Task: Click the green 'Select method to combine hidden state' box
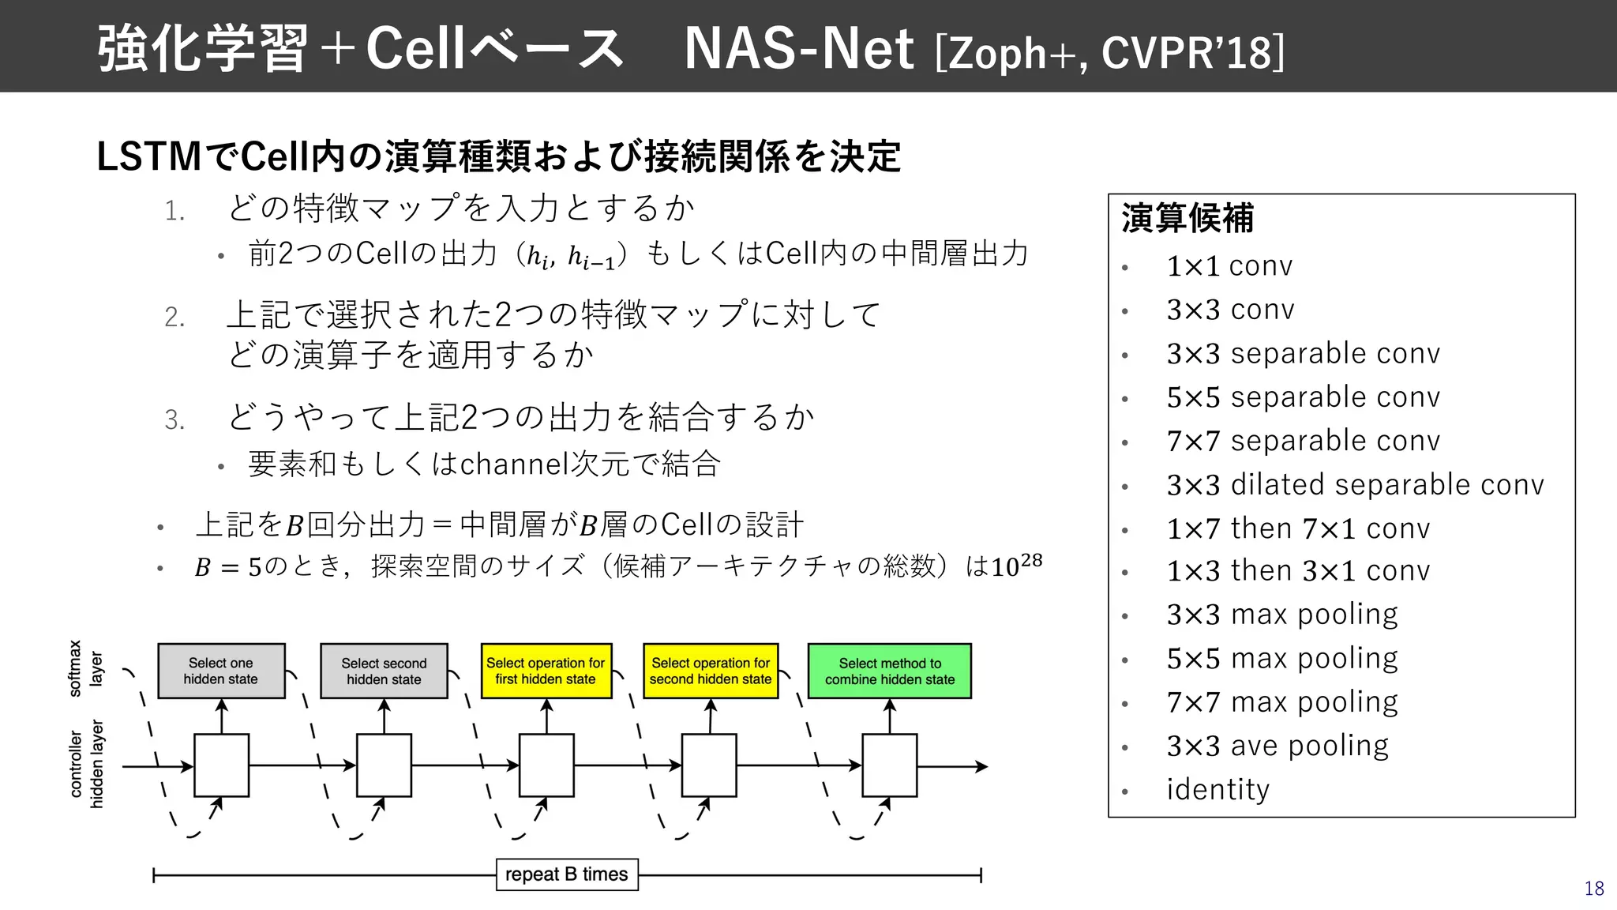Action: click(889, 671)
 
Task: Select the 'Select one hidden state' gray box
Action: click(221, 671)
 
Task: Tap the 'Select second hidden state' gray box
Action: click(384, 671)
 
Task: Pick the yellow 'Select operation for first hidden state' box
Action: click(546, 671)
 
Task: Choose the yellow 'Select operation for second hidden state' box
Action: click(711, 671)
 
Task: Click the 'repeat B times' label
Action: click(566, 874)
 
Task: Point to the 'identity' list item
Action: click(1217, 789)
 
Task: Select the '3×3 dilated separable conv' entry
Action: click(1355, 484)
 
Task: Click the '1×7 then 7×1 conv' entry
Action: click(1298, 528)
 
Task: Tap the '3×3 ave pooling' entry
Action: click(1277, 745)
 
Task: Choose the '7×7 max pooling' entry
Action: click(1282, 701)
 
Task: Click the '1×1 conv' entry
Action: click(1229, 266)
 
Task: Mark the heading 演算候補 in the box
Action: click(1187, 219)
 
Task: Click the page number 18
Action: click(1593, 889)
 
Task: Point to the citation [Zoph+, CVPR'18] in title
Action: click(1109, 53)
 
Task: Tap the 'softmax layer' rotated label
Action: click(85, 668)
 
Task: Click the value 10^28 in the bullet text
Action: click(1017, 565)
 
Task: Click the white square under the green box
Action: click(889, 765)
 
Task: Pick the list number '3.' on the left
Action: click(174, 419)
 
